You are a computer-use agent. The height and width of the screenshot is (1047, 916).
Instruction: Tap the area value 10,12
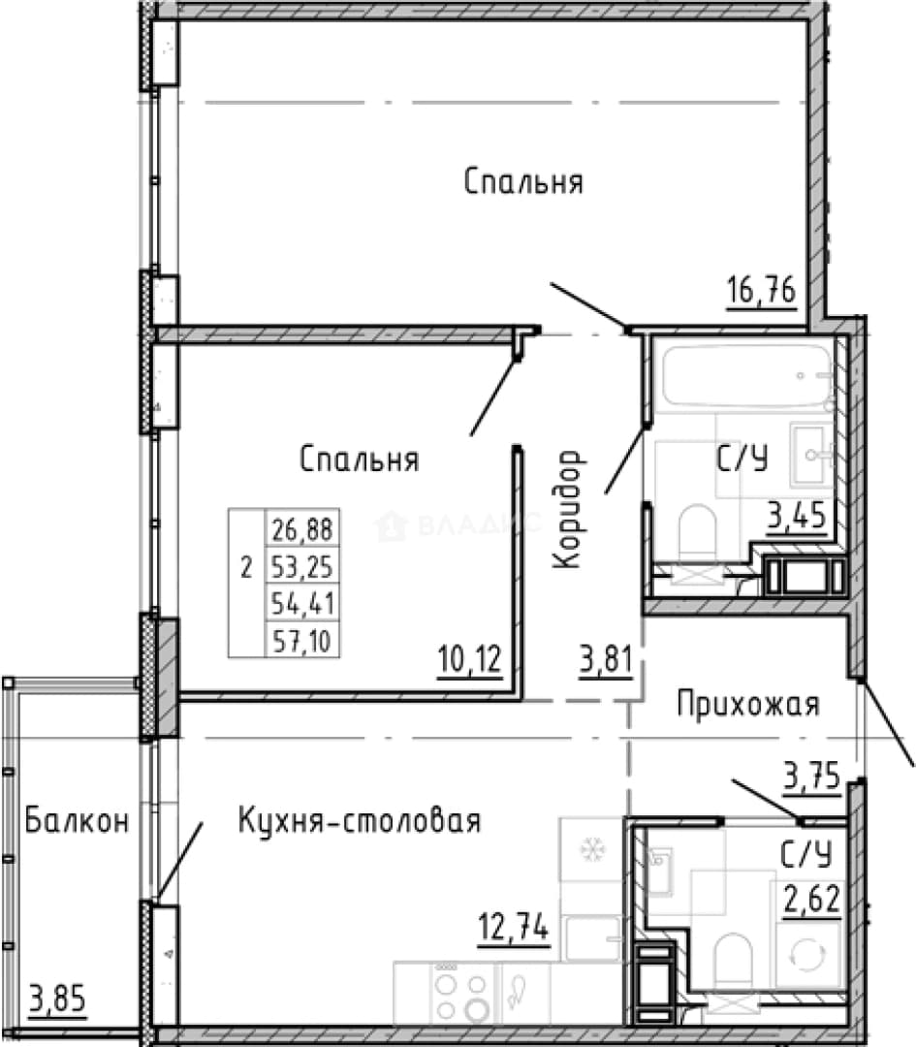[470, 660]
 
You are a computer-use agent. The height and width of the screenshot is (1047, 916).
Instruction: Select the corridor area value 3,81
[606, 660]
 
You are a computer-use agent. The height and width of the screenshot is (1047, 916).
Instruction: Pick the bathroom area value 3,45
[797, 516]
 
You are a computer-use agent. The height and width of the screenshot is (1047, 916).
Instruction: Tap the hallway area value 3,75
[811, 776]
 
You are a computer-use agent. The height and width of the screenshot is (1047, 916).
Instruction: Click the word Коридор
[568, 509]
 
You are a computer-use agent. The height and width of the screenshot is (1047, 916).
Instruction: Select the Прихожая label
[748, 705]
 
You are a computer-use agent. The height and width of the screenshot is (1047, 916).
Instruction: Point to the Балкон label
[77, 820]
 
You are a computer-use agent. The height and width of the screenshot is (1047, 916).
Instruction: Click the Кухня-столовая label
[360, 820]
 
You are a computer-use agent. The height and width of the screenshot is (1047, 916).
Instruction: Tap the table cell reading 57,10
[302, 641]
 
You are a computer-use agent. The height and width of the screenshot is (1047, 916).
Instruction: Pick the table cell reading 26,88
[302, 529]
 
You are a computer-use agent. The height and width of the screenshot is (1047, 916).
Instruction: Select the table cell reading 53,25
[302, 566]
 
